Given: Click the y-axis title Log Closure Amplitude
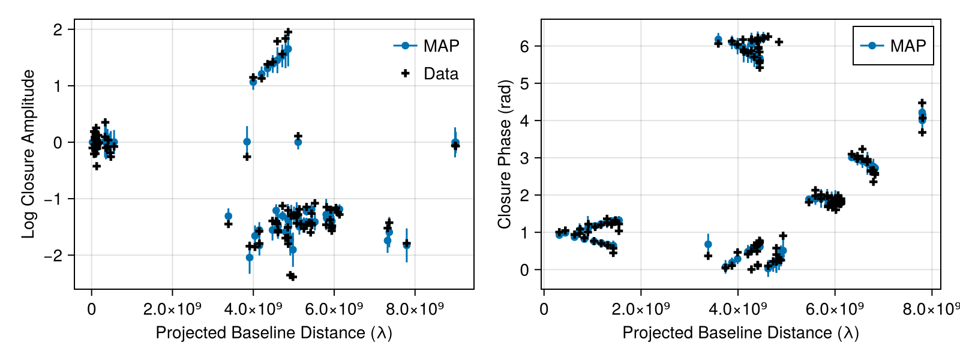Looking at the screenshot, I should pos(28,154).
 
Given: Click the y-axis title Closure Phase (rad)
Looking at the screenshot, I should pos(504,154).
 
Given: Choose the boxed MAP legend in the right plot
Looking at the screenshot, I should pos(893,46).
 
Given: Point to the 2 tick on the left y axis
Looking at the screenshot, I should pos(58,29).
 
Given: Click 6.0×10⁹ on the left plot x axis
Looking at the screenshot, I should pos(334,310).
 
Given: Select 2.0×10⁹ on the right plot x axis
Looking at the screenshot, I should pos(641,310).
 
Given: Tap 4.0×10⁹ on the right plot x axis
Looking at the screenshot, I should pos(738,310).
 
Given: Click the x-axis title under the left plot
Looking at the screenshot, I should pos(274,332).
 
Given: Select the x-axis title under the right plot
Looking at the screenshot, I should pos(740,332).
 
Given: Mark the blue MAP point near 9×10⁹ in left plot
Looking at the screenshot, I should pos(455,143).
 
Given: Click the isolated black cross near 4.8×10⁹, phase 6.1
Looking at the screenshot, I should pos(779,42).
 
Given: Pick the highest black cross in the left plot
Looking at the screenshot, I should pos(288,32).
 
